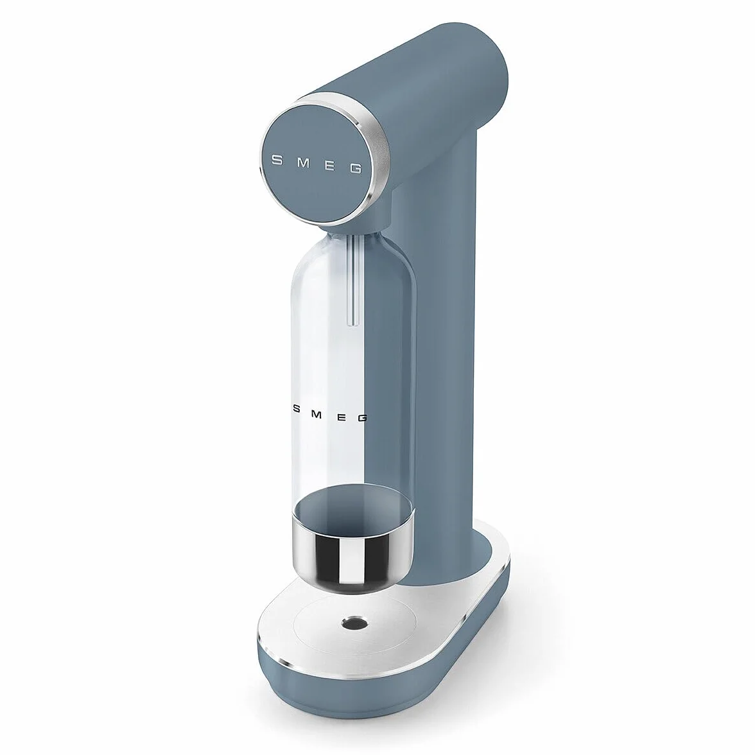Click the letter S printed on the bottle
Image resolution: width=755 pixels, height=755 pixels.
(296, 408)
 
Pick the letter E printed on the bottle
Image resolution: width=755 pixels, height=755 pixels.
(340, 415)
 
